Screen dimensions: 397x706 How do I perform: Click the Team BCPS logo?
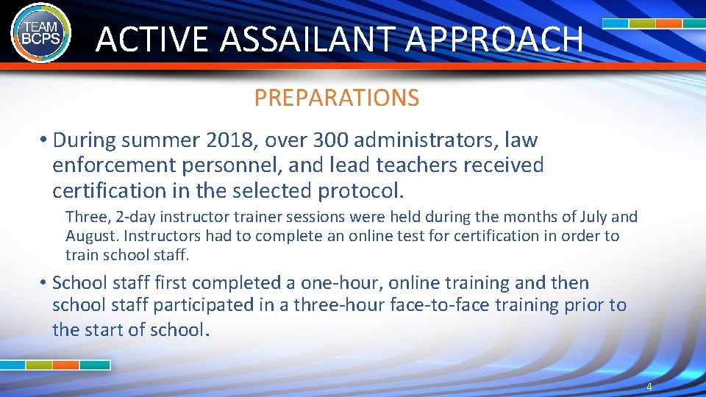pyautogui.click(x=40, y=32)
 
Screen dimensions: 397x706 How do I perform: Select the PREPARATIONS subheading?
pyautogui.click(x=337, y=98)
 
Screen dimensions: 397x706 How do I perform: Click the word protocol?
pyautogui.click(x=360, y=190)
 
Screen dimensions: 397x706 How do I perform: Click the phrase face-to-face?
pyautogui.click(x=429, y=305)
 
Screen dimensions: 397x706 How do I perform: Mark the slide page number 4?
pyautogui.click(x=649, y=387)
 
